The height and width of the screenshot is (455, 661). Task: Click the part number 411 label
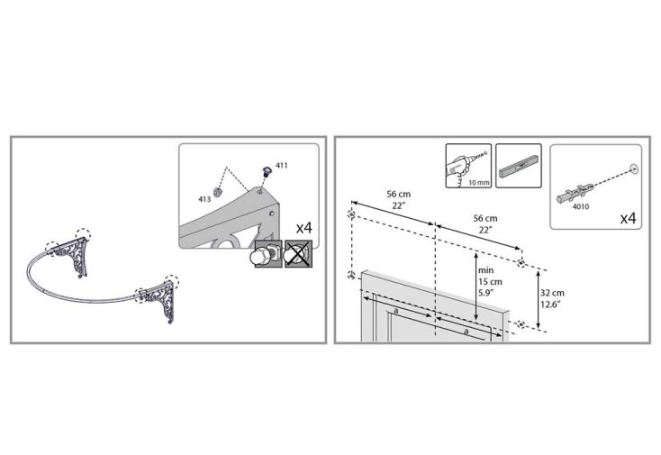pos(281,165)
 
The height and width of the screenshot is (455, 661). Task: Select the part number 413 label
pos(204,199)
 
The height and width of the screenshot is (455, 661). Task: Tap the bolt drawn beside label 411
pos(266,172)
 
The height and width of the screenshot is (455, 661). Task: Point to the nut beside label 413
pos(218,191)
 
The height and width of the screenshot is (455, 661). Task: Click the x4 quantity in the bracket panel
pos(304,228)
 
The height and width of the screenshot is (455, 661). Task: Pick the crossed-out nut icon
pos(298,254)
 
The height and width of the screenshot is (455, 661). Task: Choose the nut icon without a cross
pos(268,254)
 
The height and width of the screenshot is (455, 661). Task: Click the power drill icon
pos(468,165)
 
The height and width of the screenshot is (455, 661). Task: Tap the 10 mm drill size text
pos(479,183)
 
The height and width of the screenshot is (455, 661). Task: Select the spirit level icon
pos(519,165)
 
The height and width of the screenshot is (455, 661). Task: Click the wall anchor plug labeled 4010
pos(575,192)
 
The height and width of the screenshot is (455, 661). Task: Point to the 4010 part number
pos(581,206)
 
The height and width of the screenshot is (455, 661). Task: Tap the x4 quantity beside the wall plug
pos(628,218)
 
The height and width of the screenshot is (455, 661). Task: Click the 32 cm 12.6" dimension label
pos(552,298)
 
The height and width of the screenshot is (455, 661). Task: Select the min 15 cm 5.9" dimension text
pos(490,282)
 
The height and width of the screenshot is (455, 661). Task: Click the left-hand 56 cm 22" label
pos(399,199)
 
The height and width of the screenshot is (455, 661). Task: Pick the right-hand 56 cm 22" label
pos(485,223)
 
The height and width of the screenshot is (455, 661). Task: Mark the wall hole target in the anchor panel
pos(634,169)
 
